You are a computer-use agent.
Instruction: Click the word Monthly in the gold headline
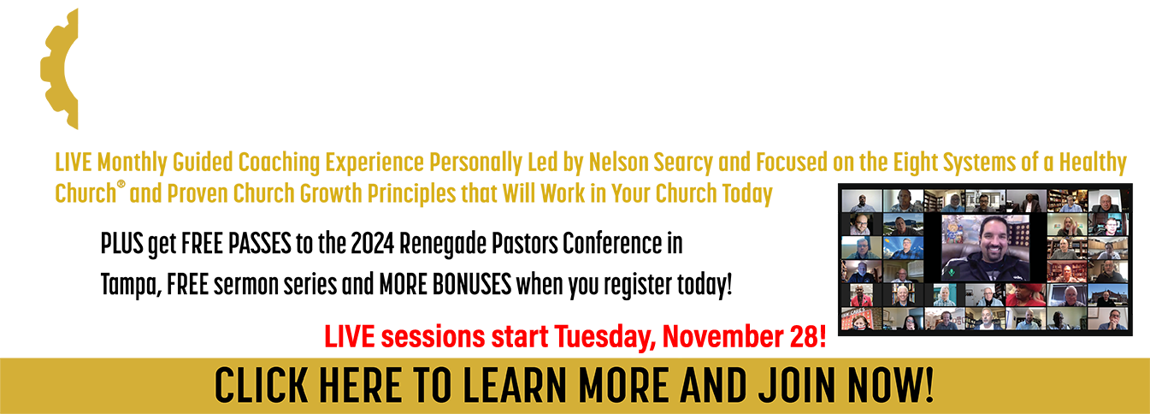pyautogui.click(x=132, y=163)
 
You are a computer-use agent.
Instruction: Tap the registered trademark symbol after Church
pyautogui.click(x=121, y=184)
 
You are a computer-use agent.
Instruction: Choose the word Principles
pyautogui.click(x=412, y=194)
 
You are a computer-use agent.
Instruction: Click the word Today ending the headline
pyautogui.click(x=747, y=194)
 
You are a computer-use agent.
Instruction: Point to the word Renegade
pyautogui.click(x=443, y=245)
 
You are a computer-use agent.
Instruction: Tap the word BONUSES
pyautogui.click(x=472, y=285)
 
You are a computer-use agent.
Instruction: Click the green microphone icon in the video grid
pyautogui.click(x=952, y=272)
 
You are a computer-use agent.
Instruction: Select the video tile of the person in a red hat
pyautogui.click(x=1026, y=294)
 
